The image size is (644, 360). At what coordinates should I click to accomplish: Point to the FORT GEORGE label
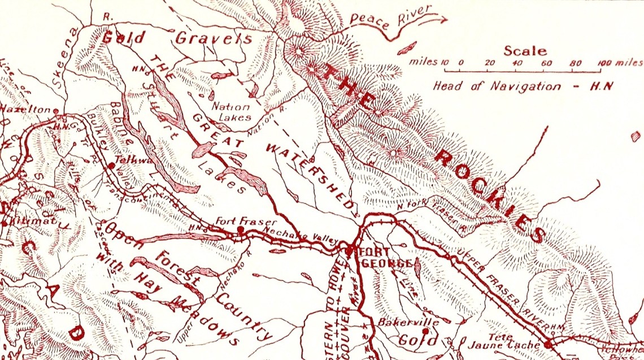(384, 258)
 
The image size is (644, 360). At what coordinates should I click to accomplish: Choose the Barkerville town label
(401, 323)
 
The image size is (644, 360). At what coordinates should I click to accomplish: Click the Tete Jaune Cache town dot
(547, 344)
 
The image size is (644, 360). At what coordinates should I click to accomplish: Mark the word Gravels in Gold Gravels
(213, 38)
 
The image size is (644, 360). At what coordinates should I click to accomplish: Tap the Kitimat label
(27, 223)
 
